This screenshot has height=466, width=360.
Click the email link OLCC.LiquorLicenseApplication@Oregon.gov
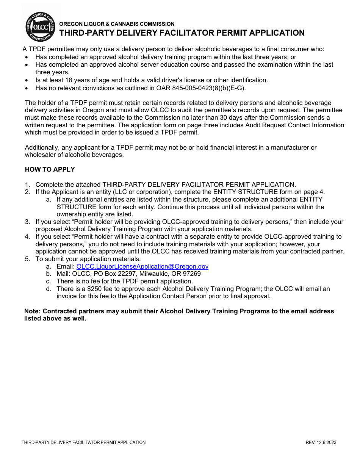(142, 266)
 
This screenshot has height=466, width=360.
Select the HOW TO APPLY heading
(50, 169)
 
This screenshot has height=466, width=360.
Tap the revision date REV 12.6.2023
(321, 442)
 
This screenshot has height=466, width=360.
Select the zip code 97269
(191, 274)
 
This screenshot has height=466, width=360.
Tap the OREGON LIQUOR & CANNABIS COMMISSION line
(117, 24)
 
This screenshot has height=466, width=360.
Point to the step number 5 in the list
(27, 259)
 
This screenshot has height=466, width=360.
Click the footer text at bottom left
(83, 442)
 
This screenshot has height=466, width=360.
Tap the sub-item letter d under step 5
(48, 289)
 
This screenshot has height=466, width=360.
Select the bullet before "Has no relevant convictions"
(27, 88)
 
